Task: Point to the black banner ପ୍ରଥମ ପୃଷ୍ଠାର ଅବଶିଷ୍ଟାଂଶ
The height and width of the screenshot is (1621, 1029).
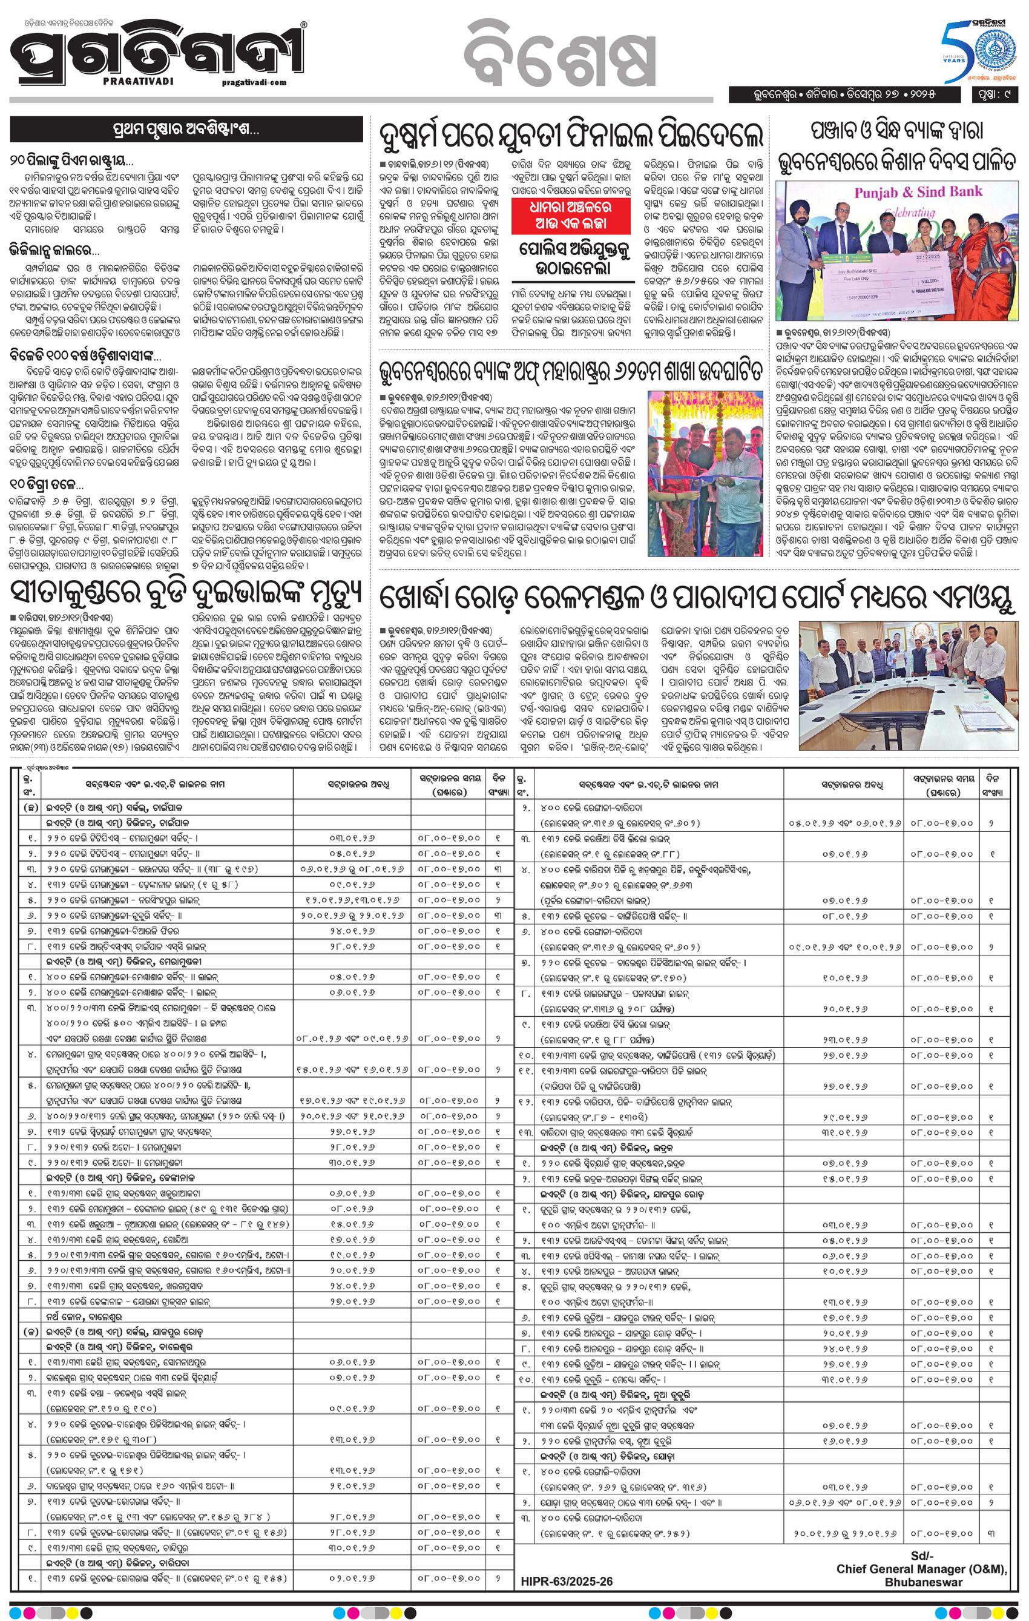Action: pos(191,128)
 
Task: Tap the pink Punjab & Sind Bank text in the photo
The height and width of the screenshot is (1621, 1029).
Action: pos(918,193)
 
